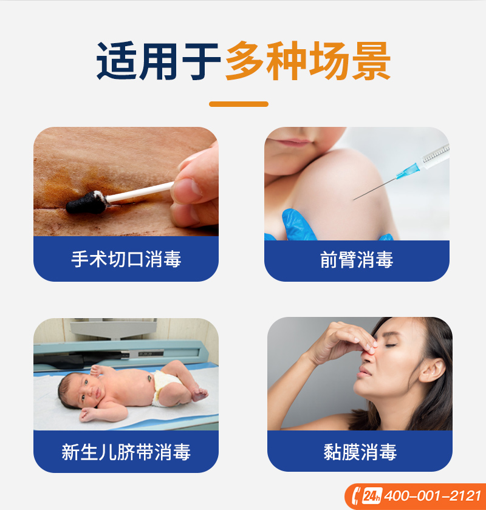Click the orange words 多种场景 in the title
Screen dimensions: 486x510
[307, 61]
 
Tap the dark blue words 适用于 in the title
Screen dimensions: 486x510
[159, 61]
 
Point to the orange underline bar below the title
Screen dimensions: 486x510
[239, 104]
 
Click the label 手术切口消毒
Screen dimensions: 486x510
[126, 259]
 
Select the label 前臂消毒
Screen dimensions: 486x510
[357, 260]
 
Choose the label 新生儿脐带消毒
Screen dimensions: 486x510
[126, 452]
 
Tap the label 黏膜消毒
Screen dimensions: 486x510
[360, 452]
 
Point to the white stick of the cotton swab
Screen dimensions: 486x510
[140, 192]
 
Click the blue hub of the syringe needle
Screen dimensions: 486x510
[407, 171]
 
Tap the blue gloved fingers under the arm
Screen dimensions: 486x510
[296, 225]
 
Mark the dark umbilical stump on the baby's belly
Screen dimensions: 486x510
[149, 378]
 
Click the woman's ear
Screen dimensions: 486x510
[433, 370]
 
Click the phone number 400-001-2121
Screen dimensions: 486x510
[433, 496]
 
